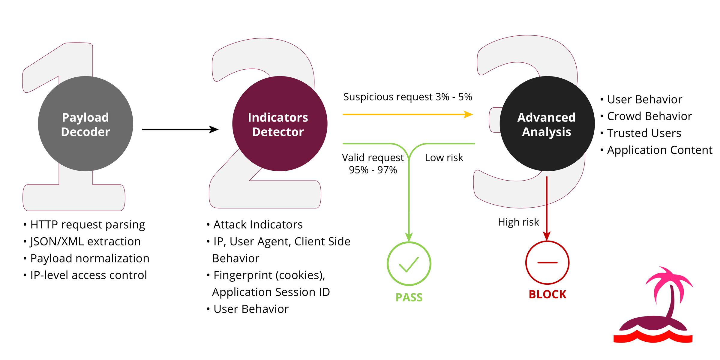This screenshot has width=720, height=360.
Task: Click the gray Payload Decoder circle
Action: point(85,124)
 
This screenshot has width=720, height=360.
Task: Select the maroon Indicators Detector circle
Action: point(280,124)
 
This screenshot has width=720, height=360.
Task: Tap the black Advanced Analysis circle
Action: point(547,124)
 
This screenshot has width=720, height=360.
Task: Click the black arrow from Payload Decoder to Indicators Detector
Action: point(180,129)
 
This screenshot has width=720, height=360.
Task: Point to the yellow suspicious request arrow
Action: point(408,114)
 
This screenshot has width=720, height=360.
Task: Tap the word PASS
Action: point(409,297)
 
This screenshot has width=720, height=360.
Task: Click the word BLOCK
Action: point(547,294)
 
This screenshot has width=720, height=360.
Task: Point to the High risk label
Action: point(518,222)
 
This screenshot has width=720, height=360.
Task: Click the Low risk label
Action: point(444,157)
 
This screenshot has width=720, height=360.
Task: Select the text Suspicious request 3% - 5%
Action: point(408,97)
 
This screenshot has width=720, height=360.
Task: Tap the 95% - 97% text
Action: point(373,170)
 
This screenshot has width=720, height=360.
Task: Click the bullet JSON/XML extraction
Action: point(82,241)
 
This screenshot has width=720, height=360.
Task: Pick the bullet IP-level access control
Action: point(85,275)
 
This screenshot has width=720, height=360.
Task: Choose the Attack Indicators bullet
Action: point(255,224)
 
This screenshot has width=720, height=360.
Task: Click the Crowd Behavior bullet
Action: point(646,116)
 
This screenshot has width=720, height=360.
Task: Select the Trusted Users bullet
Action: point(641,133)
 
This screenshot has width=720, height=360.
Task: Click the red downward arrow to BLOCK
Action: point(547,208)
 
